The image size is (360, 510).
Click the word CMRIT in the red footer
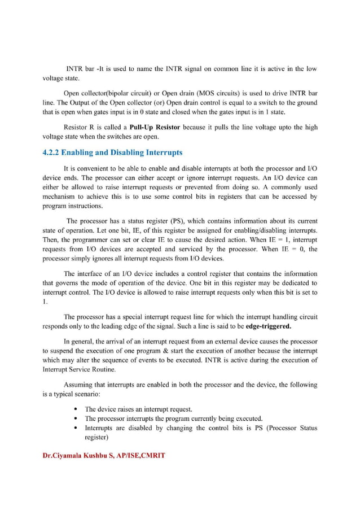[152, 455]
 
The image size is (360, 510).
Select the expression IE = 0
[297, 250]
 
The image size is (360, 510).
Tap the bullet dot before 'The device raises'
[76, 408]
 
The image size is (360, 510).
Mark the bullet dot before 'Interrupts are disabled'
[76, 428]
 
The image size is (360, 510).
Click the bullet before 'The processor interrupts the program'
[76, 419]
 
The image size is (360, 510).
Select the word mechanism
[60, 197]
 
